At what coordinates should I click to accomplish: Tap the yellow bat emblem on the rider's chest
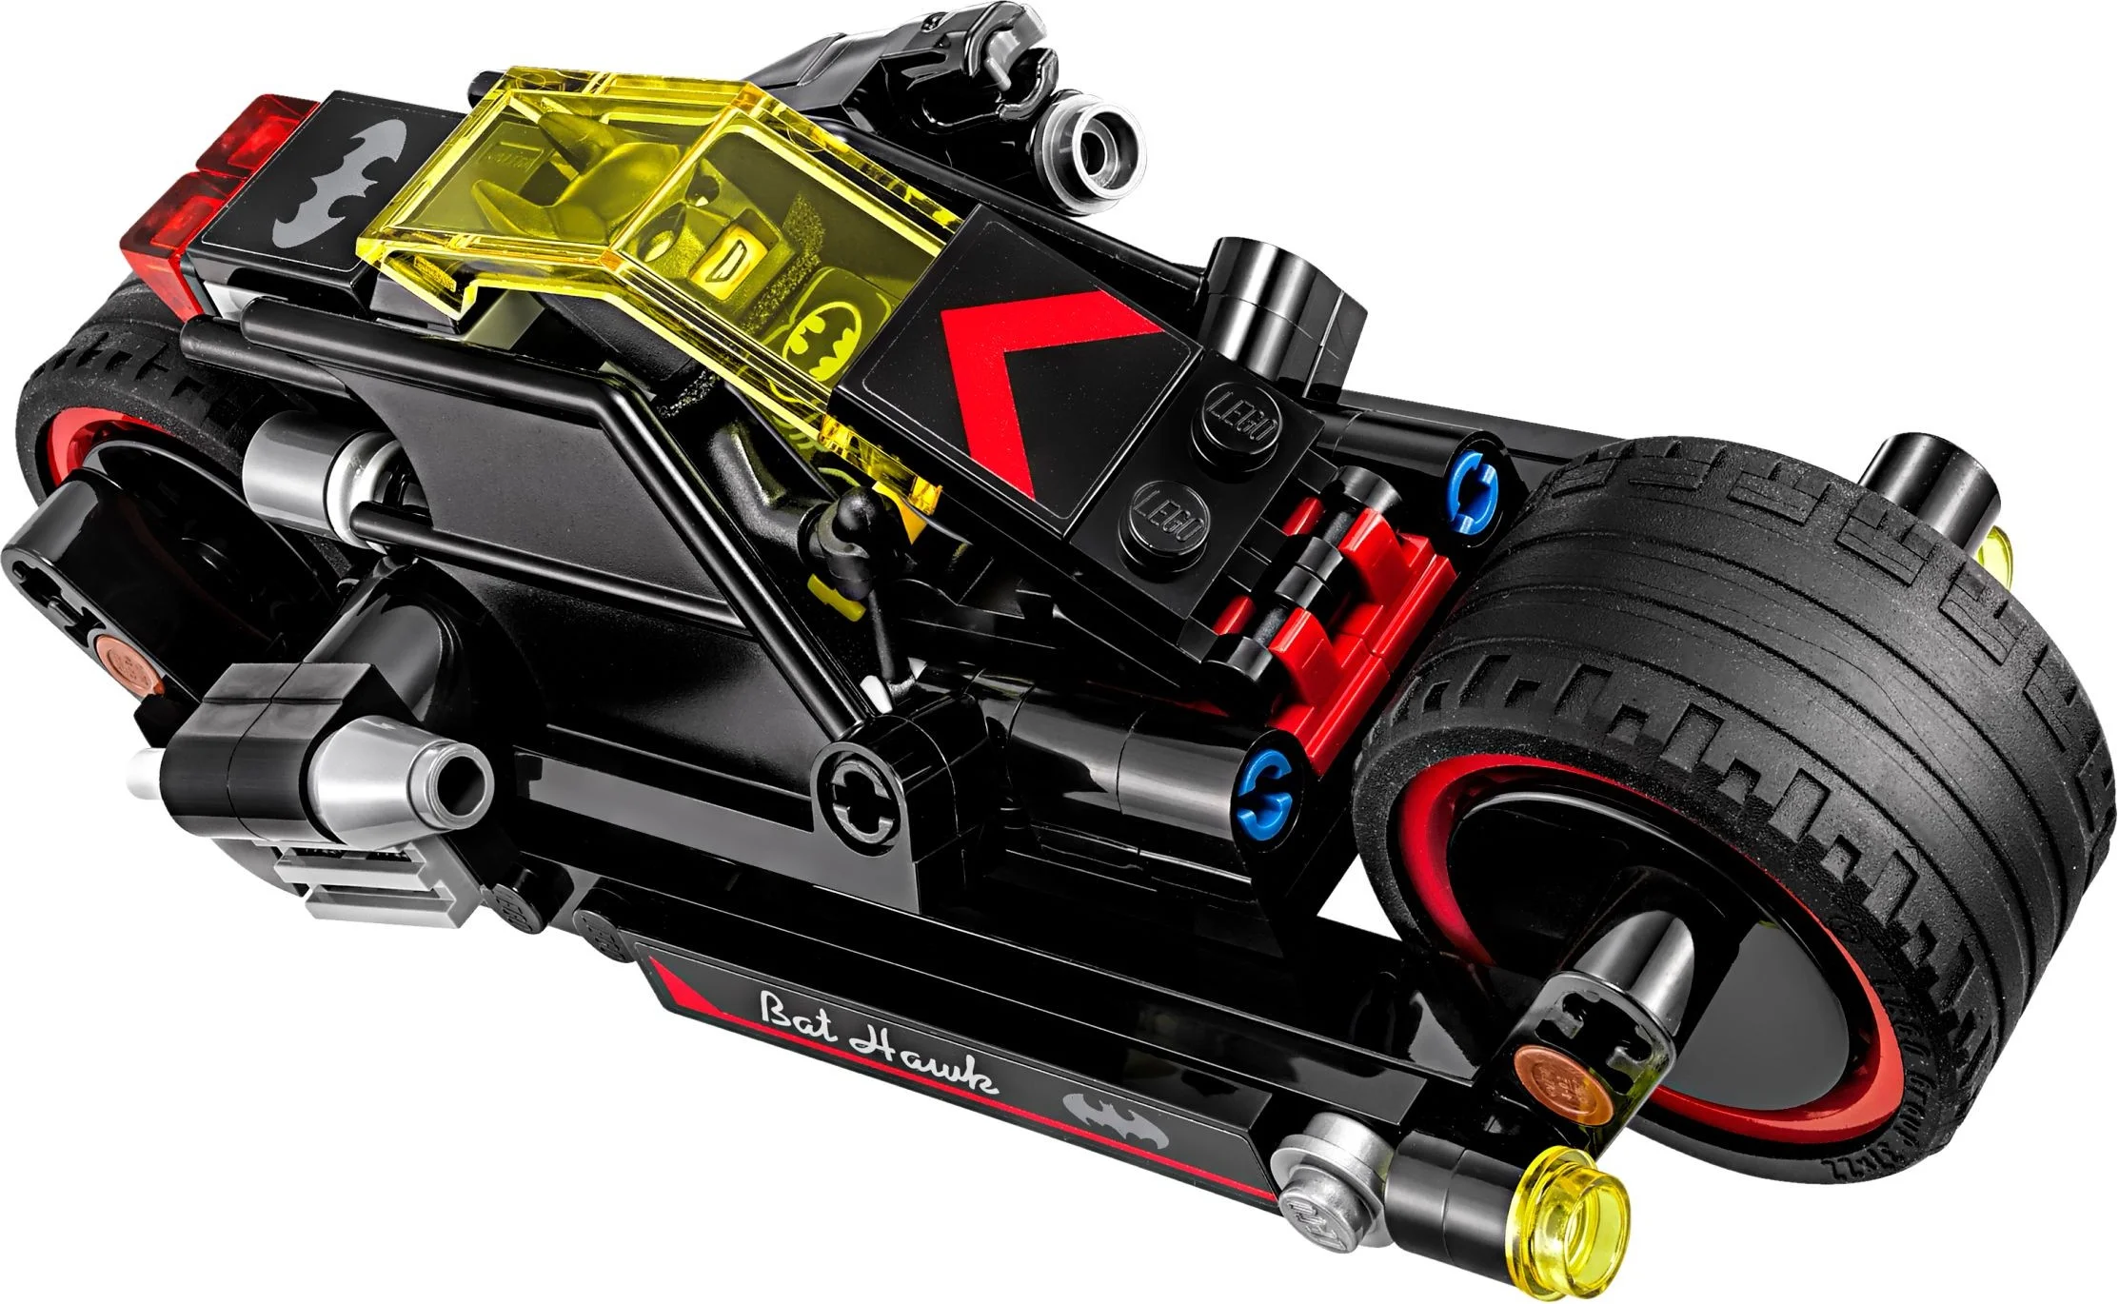tap(824, 332)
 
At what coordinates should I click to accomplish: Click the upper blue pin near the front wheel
tap(1478, 479)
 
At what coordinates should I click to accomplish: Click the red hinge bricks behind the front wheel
tap(1352, 600)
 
